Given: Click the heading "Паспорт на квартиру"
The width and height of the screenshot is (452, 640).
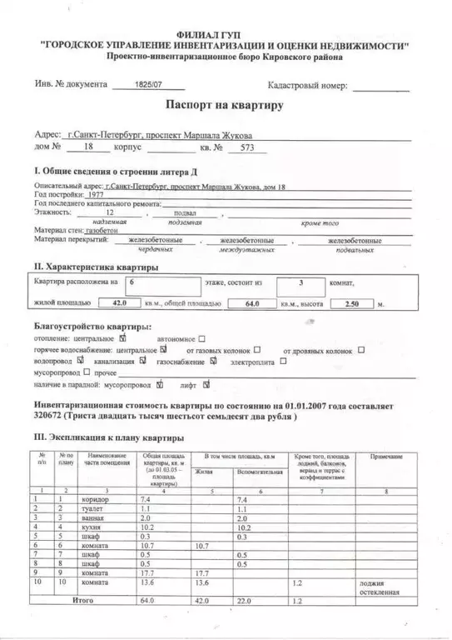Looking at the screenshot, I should (225, 106).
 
